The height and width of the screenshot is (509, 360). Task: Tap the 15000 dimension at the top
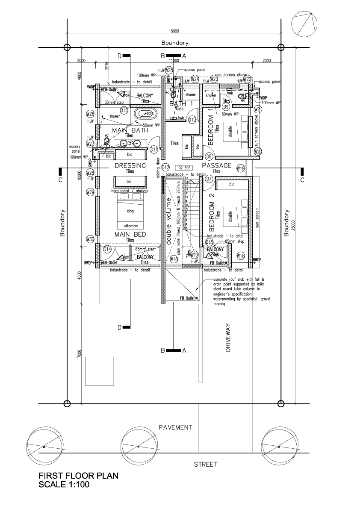pos(174,31)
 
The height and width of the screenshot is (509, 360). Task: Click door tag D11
pos(154,150)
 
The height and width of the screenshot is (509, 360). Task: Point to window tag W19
pos(241,168)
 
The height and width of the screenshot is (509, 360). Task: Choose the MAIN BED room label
pos(130,235)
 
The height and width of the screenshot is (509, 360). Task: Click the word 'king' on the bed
pos(130,212)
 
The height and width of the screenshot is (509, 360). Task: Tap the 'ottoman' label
pos(130,225)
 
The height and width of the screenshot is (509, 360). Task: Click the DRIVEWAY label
pos(228,337)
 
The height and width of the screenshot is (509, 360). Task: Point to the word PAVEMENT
pos(175,427)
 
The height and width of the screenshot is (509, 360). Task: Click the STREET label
pos(206,464)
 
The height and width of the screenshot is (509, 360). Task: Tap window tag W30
pos(90,239)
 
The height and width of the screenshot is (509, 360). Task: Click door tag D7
pos(209,179)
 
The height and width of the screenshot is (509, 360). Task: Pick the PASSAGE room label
pos(216,165)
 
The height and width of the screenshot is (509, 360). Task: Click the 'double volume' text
pos(168,221)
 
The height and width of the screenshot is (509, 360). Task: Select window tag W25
pos(169,70)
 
